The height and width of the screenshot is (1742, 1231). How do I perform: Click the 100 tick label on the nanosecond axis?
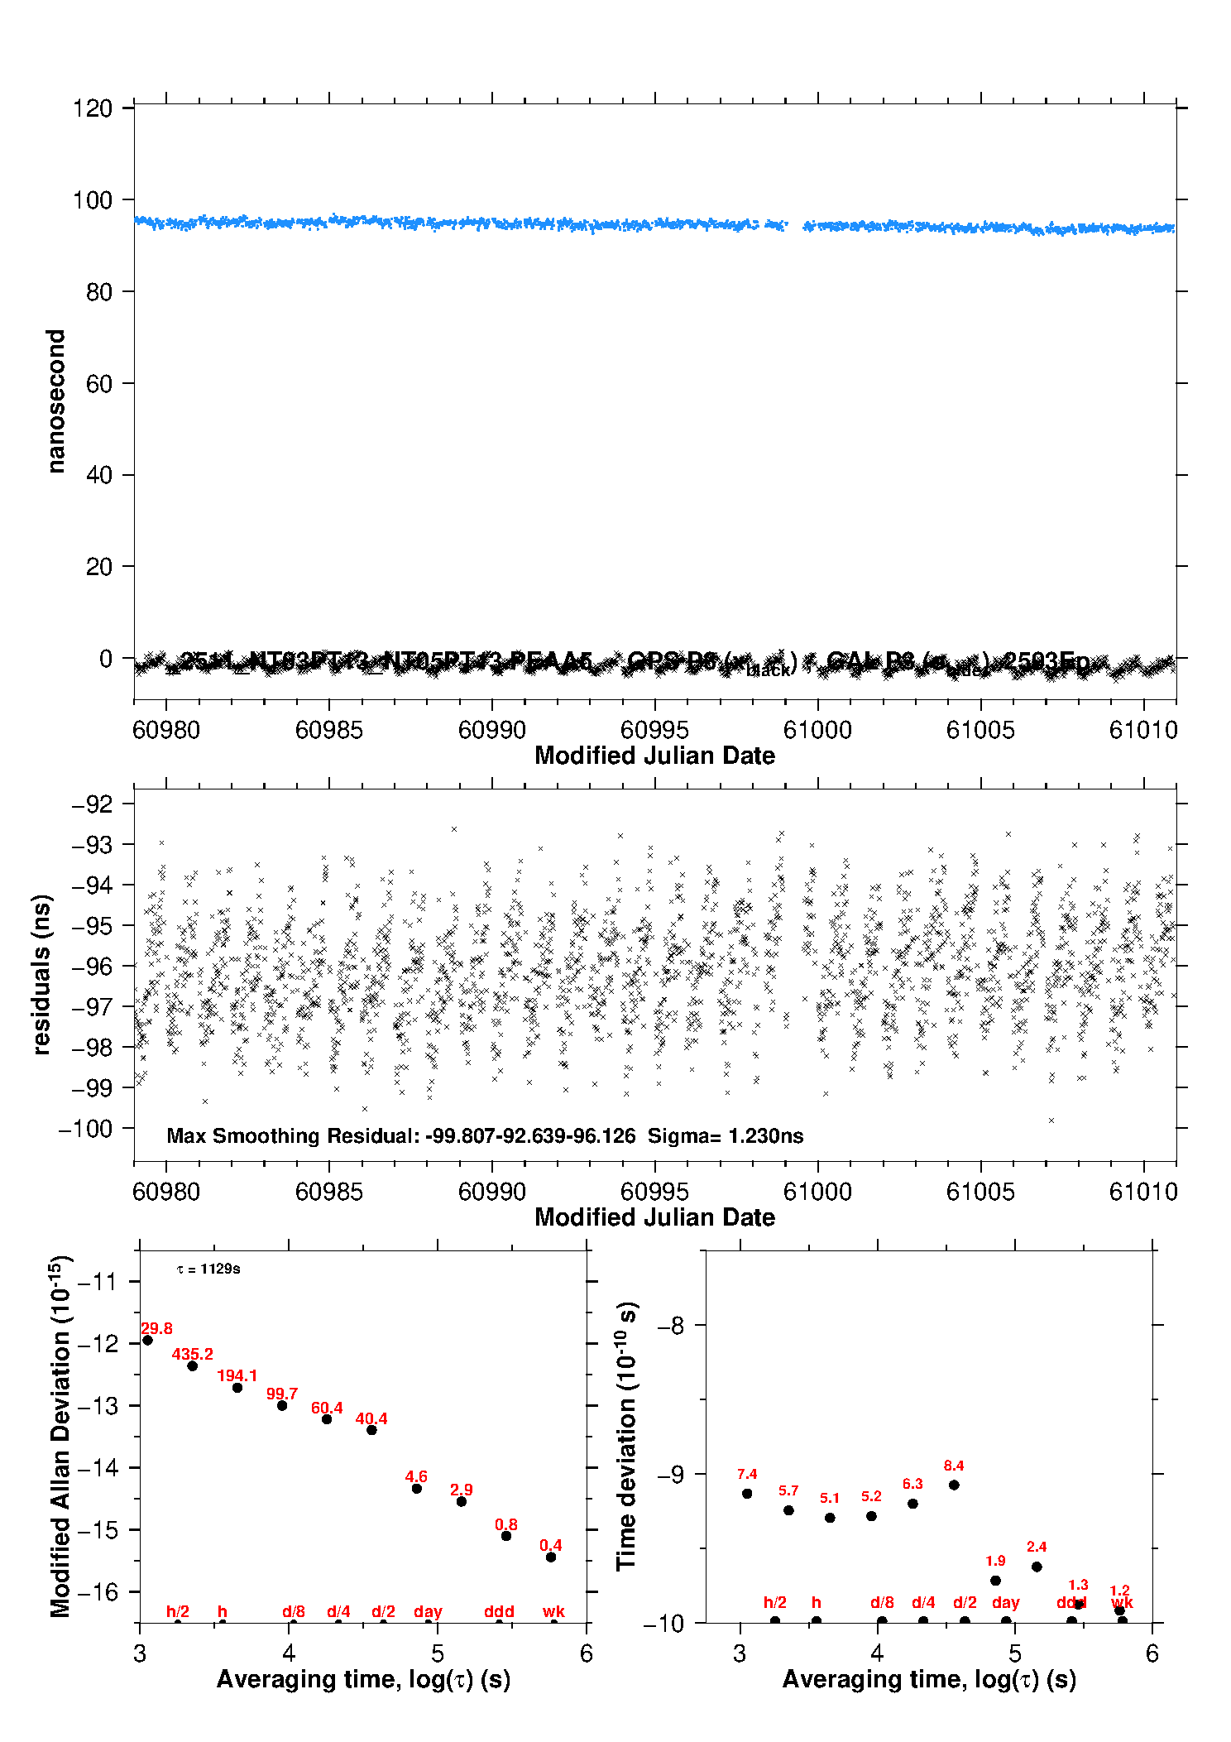click(x=92, y=200)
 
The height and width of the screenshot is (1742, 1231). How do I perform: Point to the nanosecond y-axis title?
click(x=55, y=401)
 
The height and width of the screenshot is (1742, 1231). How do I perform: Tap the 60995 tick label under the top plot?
click(x=654, y=730)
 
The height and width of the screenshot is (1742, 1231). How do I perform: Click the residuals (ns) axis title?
click(x=41, y=974)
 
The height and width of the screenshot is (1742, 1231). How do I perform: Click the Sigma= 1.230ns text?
click(x=726, y=1135)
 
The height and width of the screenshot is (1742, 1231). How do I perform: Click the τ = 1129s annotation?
click(x=208, y=1269)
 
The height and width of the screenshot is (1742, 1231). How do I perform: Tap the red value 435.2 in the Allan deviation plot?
click(x=192, y=1354)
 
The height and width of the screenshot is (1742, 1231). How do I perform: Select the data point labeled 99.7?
click(x=282, y=1405)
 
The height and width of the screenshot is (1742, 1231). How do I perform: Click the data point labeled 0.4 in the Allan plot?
click(x=551, y=1557)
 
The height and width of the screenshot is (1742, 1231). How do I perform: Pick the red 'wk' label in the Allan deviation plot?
click(x=553, y=1611)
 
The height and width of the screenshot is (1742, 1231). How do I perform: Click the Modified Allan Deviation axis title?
click(x=60, y=1436)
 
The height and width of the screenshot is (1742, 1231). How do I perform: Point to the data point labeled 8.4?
click(x=954, y=1485)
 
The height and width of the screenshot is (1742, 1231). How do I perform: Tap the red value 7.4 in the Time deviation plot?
click(x=747, y=1474)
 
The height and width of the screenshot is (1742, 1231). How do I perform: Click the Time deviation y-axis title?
click(x=626, y=1436)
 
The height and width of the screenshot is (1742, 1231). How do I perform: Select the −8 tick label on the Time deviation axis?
click(x=670, y=1326)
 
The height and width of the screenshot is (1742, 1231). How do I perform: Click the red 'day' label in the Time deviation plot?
click(x=1005, y=1603)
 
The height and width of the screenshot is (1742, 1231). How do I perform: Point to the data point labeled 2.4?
click(x=1037, y=1567)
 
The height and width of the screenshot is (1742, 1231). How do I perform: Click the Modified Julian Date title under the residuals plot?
click(x=654, y=1217)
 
